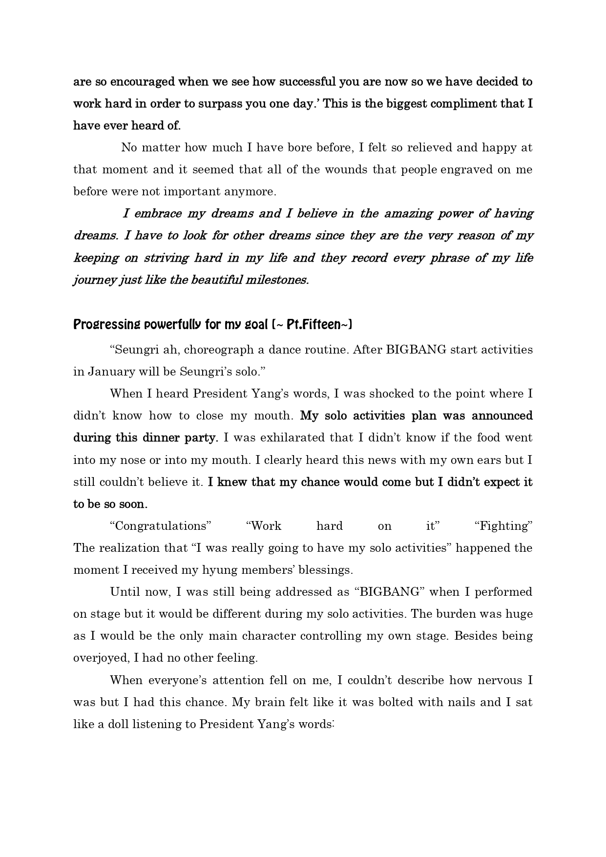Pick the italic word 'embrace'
pyautogui.click(x=159, y=213)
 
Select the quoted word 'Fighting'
pyautogui.click(x=503, y=526)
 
